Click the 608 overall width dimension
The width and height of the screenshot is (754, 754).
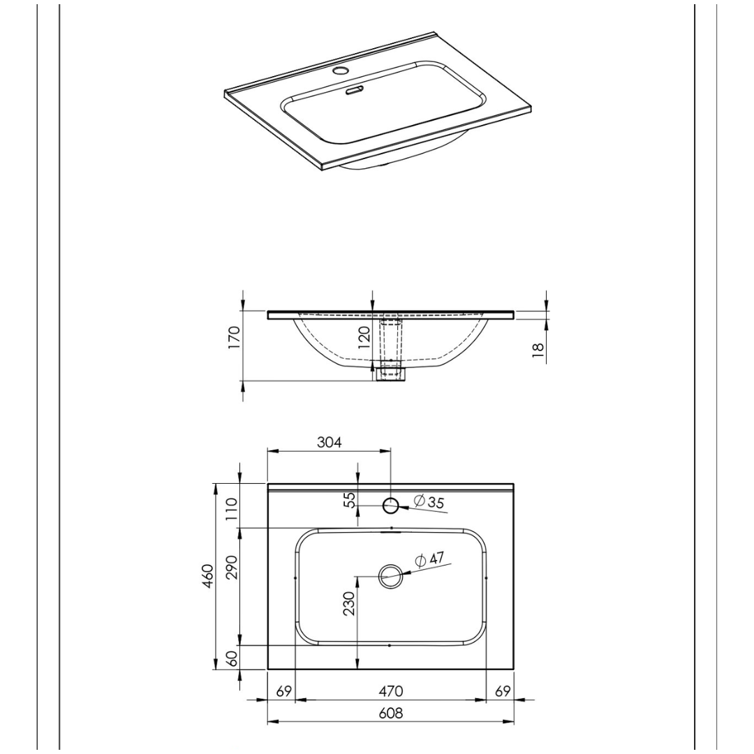(x=390, y=713)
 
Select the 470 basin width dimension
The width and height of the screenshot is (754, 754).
(x=390, y=691)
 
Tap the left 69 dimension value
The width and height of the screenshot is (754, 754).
(x=284, y=691)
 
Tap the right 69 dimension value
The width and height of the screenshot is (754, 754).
(x=503, y=691)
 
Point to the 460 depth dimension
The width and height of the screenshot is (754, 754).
(x=208, y=576)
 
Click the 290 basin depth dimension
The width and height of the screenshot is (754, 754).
(x=232, y=568)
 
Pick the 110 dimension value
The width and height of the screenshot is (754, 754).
(x=232, y=509)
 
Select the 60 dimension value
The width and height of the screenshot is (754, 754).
(x=232, y=658)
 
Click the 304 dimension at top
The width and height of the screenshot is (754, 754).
(x=330, y=443)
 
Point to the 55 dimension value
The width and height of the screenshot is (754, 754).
(x=351, y=500)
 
